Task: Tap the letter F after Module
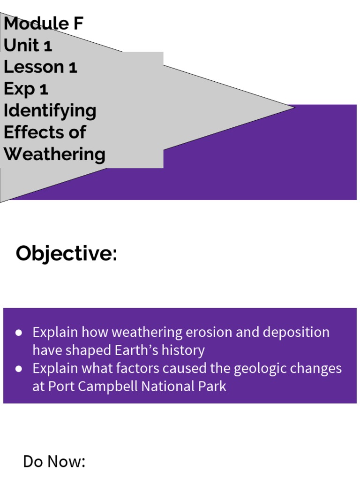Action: click(x=77, y=23)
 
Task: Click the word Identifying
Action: click(x=50, y=111)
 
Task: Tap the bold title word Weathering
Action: click(x=54, y=154)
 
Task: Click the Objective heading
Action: click(x=66, y=254)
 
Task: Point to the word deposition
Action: click(x=296, y=333)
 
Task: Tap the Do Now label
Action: click(x=54, y=461)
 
